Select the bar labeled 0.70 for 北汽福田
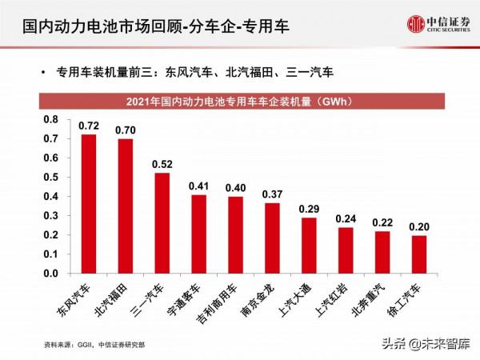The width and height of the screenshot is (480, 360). [126, 206]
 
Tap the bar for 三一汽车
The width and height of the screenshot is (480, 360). [162, 223]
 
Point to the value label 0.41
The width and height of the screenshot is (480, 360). [198, 186]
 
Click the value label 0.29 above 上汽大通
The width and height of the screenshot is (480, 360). [309, 210]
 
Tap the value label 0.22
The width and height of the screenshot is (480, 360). [382, 222]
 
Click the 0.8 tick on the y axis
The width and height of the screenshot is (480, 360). [50, 120]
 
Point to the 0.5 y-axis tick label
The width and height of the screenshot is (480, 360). [50, 178]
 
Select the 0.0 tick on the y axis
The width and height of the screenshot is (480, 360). [50, 274]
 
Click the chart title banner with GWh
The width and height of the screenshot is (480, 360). [239, 102]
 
